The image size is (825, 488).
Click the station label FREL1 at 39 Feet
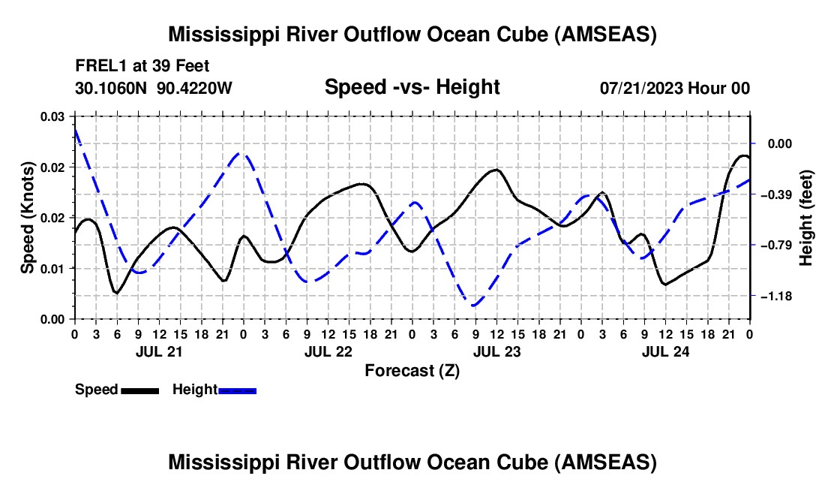coord(142,66)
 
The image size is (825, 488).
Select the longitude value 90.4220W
coord(195,88)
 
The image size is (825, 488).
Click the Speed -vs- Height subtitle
coord(412,87)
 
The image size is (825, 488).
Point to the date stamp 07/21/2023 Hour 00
coord(675,88)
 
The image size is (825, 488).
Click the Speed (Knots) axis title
coord(27,217)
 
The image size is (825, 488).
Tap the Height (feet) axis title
coord(806,217)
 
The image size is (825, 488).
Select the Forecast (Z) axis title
coord(412,370)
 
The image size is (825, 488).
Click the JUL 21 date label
coord(158,351)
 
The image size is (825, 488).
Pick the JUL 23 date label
coord(496,351)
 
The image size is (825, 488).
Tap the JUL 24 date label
coord(664,351)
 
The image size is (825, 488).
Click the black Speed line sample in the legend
coord(139,390)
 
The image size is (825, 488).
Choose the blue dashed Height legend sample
coord(238,390)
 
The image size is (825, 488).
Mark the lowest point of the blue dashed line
coord(474,306)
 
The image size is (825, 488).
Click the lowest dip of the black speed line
coord(116,293)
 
